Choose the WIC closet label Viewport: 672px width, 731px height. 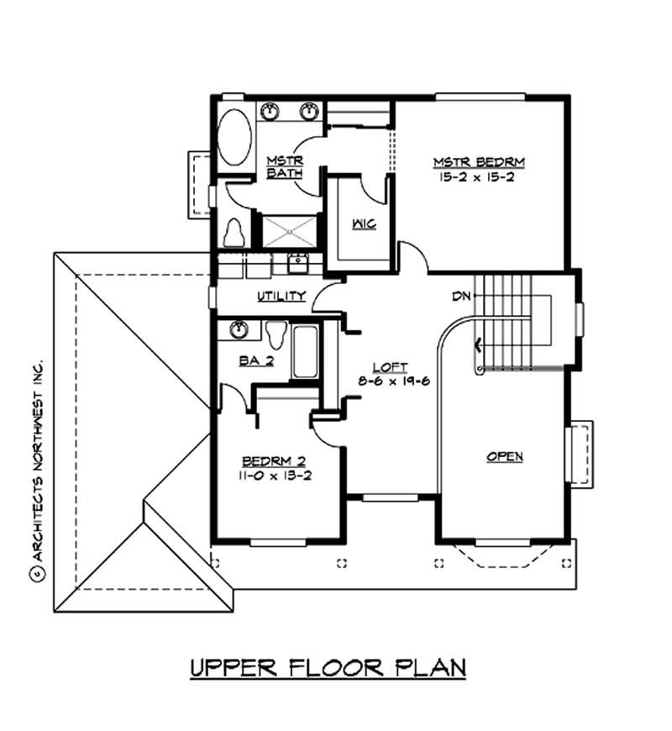[363, 224]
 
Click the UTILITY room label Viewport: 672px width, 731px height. [281, 297]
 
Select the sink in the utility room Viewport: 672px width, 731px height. [298, 263]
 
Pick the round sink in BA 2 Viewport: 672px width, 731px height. [239, 329]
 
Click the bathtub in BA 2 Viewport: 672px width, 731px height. [304, 353]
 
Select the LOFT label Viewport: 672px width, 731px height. [391, 367]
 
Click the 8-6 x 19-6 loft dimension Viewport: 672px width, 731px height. [391, 381]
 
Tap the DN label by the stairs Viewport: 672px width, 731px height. [459, 297]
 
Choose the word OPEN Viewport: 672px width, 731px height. [505, 456]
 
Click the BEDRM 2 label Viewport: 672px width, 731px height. [273, 460]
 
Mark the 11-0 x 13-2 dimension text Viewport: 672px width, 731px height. [273, 475]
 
